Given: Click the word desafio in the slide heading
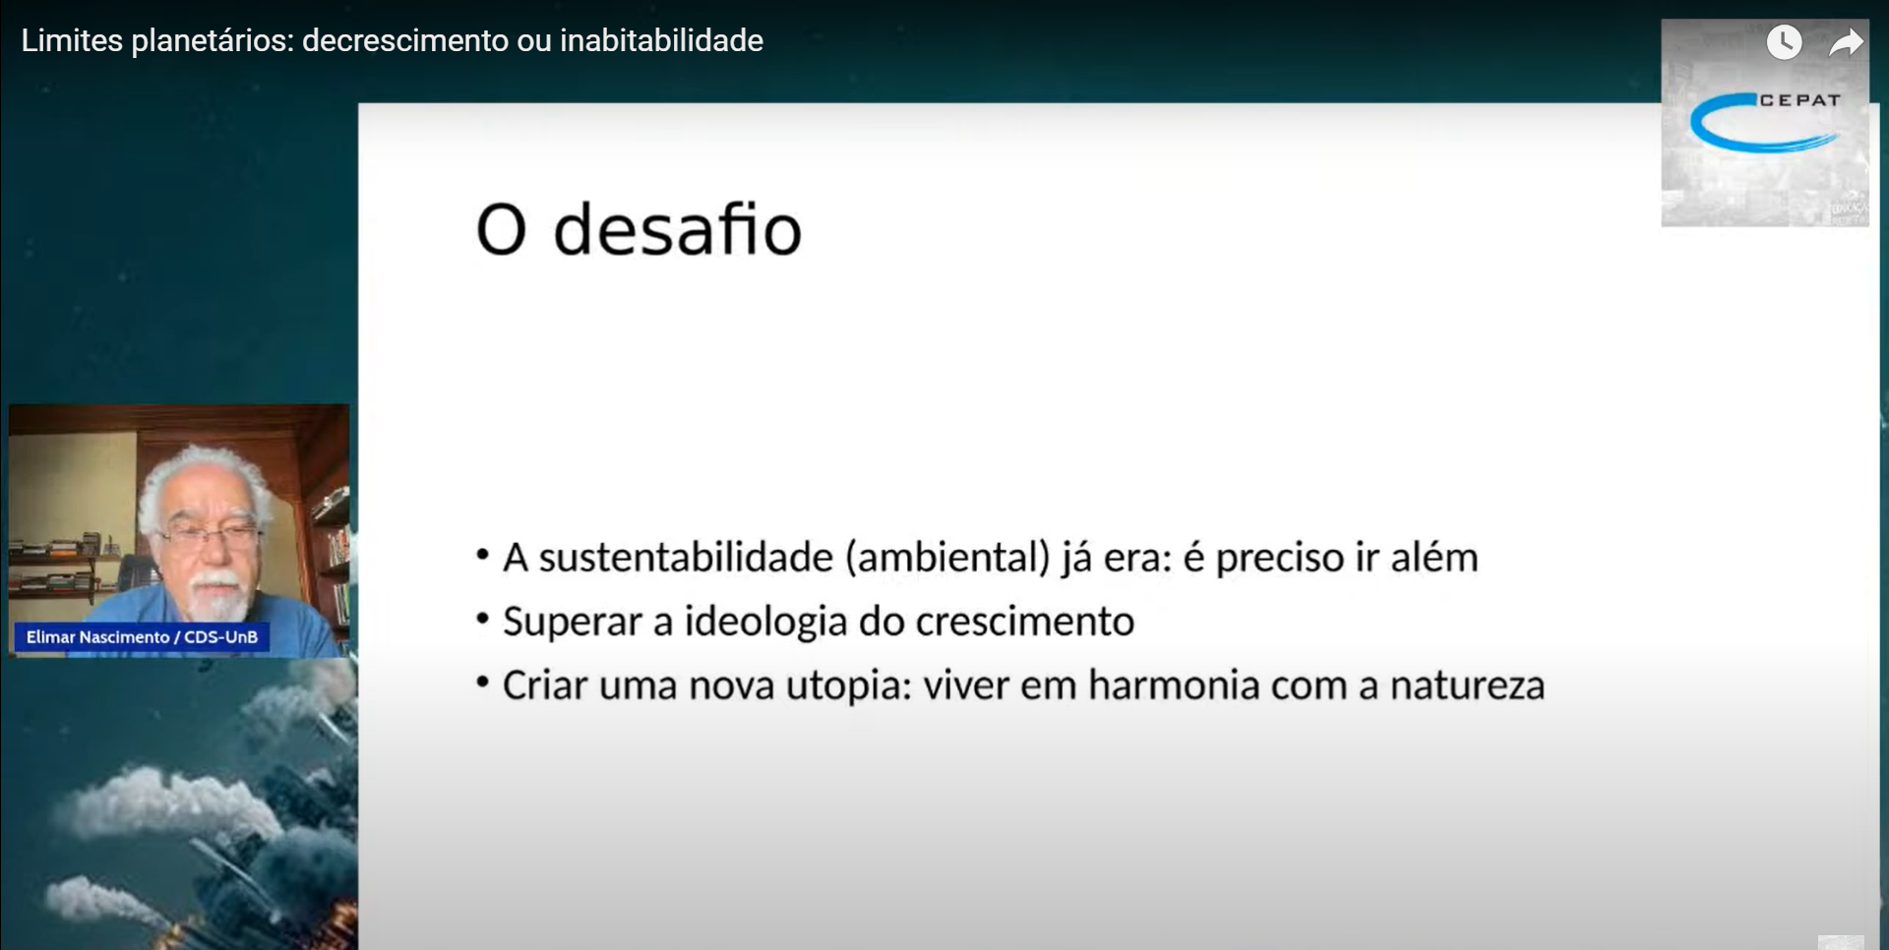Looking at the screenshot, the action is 678,230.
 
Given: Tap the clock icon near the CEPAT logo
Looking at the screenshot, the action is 1784,42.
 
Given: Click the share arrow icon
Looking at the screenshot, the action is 1846,42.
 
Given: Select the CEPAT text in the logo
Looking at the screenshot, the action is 1799,100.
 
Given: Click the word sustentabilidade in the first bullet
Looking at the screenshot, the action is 686,558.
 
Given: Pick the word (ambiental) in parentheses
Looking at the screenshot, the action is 947,559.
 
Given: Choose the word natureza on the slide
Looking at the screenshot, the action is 1467,686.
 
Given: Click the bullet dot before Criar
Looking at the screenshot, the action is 482,682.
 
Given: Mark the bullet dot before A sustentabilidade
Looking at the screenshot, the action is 482,555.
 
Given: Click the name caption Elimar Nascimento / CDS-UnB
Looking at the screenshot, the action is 142,637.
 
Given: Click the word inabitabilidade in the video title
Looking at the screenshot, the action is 661,40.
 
